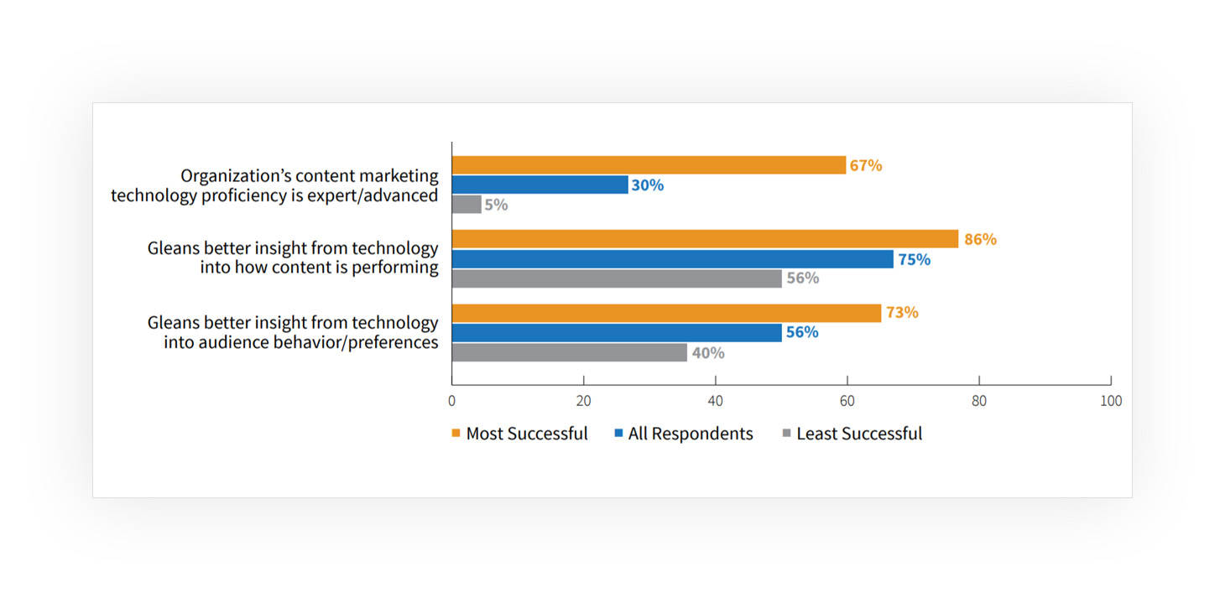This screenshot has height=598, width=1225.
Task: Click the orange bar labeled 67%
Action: pos(649,165)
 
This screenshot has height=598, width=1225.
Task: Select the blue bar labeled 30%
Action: pos(540,185)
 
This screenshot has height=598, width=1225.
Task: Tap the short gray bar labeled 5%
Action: pos(467,204)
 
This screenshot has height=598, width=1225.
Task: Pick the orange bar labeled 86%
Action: pos(705,239)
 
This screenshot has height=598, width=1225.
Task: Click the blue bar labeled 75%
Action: pos(672,259)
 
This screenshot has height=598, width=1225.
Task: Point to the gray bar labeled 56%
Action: pos(617,278)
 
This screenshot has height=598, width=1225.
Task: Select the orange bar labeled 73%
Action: pos(666,313)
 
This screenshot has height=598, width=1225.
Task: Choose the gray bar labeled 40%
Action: pos(569,352)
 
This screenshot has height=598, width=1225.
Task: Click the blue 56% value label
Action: pos(802,332)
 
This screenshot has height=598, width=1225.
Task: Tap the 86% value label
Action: pos(980,239)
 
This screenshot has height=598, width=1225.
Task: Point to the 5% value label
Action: pos(497,205)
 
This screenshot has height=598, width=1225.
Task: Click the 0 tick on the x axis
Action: pos(452,401)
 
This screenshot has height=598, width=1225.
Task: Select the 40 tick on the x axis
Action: pos(716,401)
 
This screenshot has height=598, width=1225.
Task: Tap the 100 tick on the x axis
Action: pos(1110,401)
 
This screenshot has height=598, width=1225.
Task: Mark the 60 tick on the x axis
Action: pos(847,401)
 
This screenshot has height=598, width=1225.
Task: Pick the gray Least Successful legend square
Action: pos(786,434)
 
